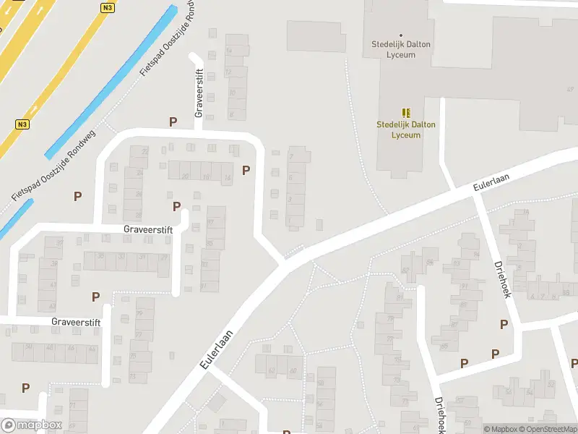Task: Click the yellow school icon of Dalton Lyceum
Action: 406,112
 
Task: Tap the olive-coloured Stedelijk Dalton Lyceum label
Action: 406,129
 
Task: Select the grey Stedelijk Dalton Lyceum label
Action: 401,49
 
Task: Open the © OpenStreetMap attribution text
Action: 547,430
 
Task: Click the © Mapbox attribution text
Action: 501,430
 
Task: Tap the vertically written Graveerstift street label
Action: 200,93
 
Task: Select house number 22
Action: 144,151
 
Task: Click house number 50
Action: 28,348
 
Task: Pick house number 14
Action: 228,50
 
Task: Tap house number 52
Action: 551,384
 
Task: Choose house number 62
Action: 272,371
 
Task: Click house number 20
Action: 186,176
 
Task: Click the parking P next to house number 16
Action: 246,171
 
